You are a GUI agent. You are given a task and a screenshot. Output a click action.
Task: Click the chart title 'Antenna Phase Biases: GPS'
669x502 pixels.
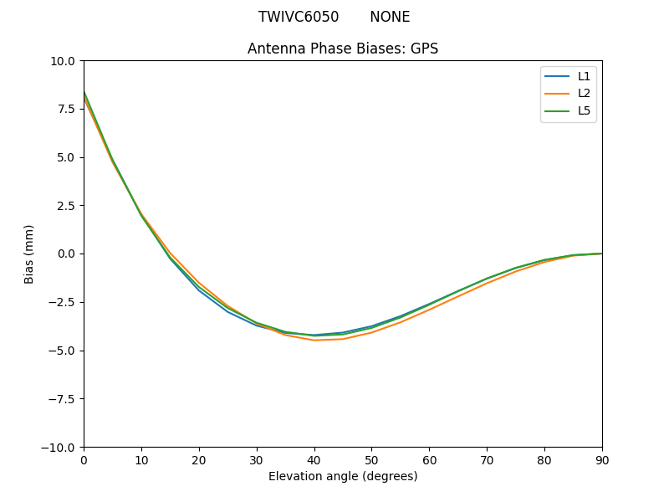tap(343, 49)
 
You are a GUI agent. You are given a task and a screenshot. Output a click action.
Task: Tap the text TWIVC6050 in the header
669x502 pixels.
tap(299, 17)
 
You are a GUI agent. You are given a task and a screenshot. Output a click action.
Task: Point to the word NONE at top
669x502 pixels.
tap(390, 17)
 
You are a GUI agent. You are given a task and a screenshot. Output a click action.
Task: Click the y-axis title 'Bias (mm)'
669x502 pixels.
tap(29, 254)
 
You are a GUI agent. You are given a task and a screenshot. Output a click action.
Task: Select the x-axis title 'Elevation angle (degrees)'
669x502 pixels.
tap(343, 476)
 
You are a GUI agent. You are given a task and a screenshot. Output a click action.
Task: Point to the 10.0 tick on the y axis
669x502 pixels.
tap(64, 61)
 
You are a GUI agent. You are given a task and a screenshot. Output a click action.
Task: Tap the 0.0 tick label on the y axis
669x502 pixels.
tap(67, 254)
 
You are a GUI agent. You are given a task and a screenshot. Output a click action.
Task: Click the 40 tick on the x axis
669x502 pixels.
tap(314, 459)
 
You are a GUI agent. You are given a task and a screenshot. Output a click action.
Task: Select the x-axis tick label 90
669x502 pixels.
tap(602, 459)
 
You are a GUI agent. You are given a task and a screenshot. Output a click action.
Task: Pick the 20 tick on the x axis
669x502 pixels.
tap(199, 459)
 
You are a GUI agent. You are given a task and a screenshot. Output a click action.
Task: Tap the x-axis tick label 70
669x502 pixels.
tap(487, 459)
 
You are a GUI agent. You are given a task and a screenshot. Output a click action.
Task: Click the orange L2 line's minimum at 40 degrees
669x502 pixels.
tap(314, 341)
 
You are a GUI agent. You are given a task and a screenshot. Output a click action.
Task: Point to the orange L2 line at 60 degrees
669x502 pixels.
tap(429, 310)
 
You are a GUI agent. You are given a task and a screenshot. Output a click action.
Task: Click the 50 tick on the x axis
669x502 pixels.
tap(371, 459)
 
